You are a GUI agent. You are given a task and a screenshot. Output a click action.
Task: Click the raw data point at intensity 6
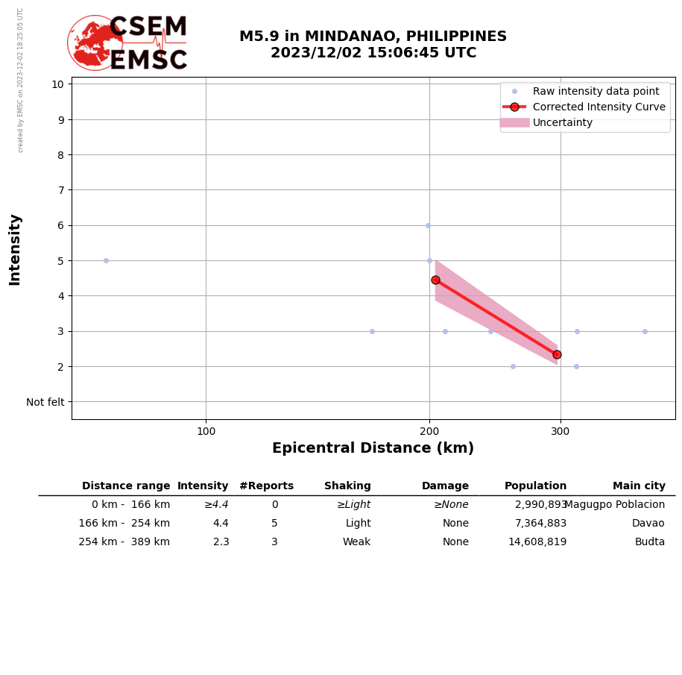coord(428,225)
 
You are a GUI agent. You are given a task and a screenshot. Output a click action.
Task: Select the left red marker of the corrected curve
coord(435,280)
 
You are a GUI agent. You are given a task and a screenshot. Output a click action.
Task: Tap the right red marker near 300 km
coord(557,354)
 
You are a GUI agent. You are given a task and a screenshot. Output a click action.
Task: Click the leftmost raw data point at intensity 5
coord(106,260)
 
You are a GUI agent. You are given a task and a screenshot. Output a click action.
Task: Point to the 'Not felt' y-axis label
coord(45,402)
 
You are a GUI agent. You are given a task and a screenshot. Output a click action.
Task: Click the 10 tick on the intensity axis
coord(57,84)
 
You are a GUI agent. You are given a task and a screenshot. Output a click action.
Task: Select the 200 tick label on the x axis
coord(429,431)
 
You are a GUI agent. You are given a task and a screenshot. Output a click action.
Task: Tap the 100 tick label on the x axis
coord(206,431)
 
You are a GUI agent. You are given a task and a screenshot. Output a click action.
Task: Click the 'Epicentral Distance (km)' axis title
coord(373,448)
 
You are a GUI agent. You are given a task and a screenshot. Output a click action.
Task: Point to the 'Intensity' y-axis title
coord(15,249)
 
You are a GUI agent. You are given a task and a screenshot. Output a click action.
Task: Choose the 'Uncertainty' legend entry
coord(563,122)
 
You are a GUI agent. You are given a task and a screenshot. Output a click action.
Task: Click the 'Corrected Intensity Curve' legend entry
coord(599,107)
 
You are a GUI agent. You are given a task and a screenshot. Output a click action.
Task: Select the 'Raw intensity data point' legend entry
coord(596,91)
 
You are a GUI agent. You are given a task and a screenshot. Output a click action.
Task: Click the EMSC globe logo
coord(95,43)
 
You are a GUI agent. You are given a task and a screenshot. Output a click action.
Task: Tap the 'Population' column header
coord(535,486)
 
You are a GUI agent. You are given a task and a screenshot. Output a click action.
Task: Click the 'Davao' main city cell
coord(648,524)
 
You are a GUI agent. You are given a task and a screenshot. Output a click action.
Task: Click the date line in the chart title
coord(373,54)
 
